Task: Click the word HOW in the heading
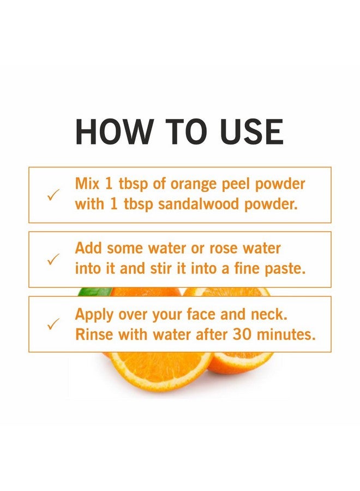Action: tap(113, 131)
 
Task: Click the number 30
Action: tap(242, 334)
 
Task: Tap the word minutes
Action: tap(285, 334)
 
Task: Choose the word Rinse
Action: tap(94, 334)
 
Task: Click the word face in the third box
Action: tap(201, 314)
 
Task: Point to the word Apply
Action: tap(94, 315)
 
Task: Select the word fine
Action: tap(247, 268)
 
